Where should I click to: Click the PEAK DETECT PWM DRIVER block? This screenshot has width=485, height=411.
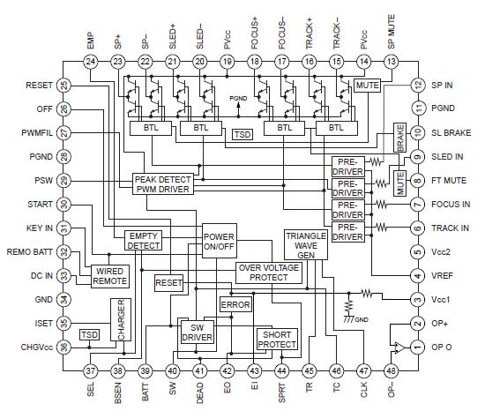pos(162,183)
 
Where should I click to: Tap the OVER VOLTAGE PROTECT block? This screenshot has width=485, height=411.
pos(274,272)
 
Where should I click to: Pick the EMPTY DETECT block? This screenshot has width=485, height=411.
pos(145,241)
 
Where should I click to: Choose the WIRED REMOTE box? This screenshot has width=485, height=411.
pos(109,275)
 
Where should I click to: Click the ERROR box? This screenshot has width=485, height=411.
pos(235,304)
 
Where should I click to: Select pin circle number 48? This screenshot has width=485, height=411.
pos(391,370)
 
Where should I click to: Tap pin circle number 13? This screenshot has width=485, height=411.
pos(391,61)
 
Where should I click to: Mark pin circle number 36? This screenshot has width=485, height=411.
pos(64,347)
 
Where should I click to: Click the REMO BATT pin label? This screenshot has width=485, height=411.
pos(30,252)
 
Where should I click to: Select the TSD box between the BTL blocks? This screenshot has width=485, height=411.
pos(242,135)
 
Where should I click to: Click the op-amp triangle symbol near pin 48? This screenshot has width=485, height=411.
pos(395,346)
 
